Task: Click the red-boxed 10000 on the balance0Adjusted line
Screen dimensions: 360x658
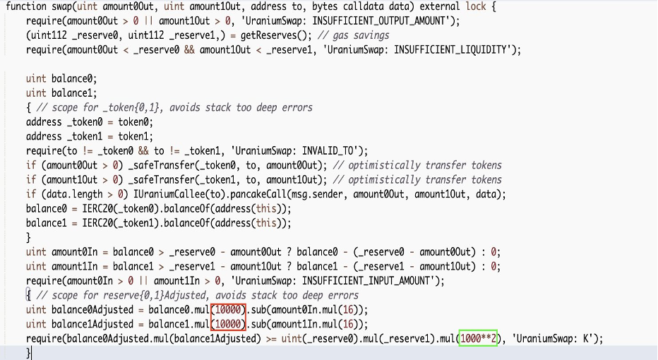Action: point(229,310)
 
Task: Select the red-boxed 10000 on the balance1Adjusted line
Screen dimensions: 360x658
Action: point(229,324)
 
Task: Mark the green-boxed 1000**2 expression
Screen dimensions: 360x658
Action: point(479,338)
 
